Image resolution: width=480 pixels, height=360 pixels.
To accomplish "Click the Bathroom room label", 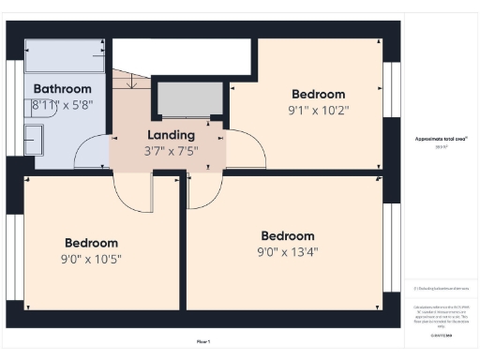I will [x=62, y=89].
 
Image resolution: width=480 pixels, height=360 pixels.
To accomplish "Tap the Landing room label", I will [x=171, y=135].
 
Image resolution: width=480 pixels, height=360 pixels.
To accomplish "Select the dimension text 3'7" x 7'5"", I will [x=171, y=151].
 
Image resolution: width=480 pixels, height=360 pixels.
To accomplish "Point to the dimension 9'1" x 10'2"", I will [x=318, y=110].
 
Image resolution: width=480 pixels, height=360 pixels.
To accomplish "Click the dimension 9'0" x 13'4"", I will [x=287, y=251].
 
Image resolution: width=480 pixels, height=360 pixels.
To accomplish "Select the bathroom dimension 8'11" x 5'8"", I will [x=62, y=105].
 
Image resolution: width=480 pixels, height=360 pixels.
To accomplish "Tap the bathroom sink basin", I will [x=34, y=141].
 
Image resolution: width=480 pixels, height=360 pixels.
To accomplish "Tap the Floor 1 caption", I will [x=203, y=341].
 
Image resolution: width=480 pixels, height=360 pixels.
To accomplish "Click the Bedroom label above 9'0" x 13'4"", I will [x=287, y=235].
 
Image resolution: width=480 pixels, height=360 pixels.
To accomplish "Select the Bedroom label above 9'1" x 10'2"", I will [x=318, y=94].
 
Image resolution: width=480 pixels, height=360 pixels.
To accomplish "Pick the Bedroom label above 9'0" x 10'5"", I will [x=91, y=243].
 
